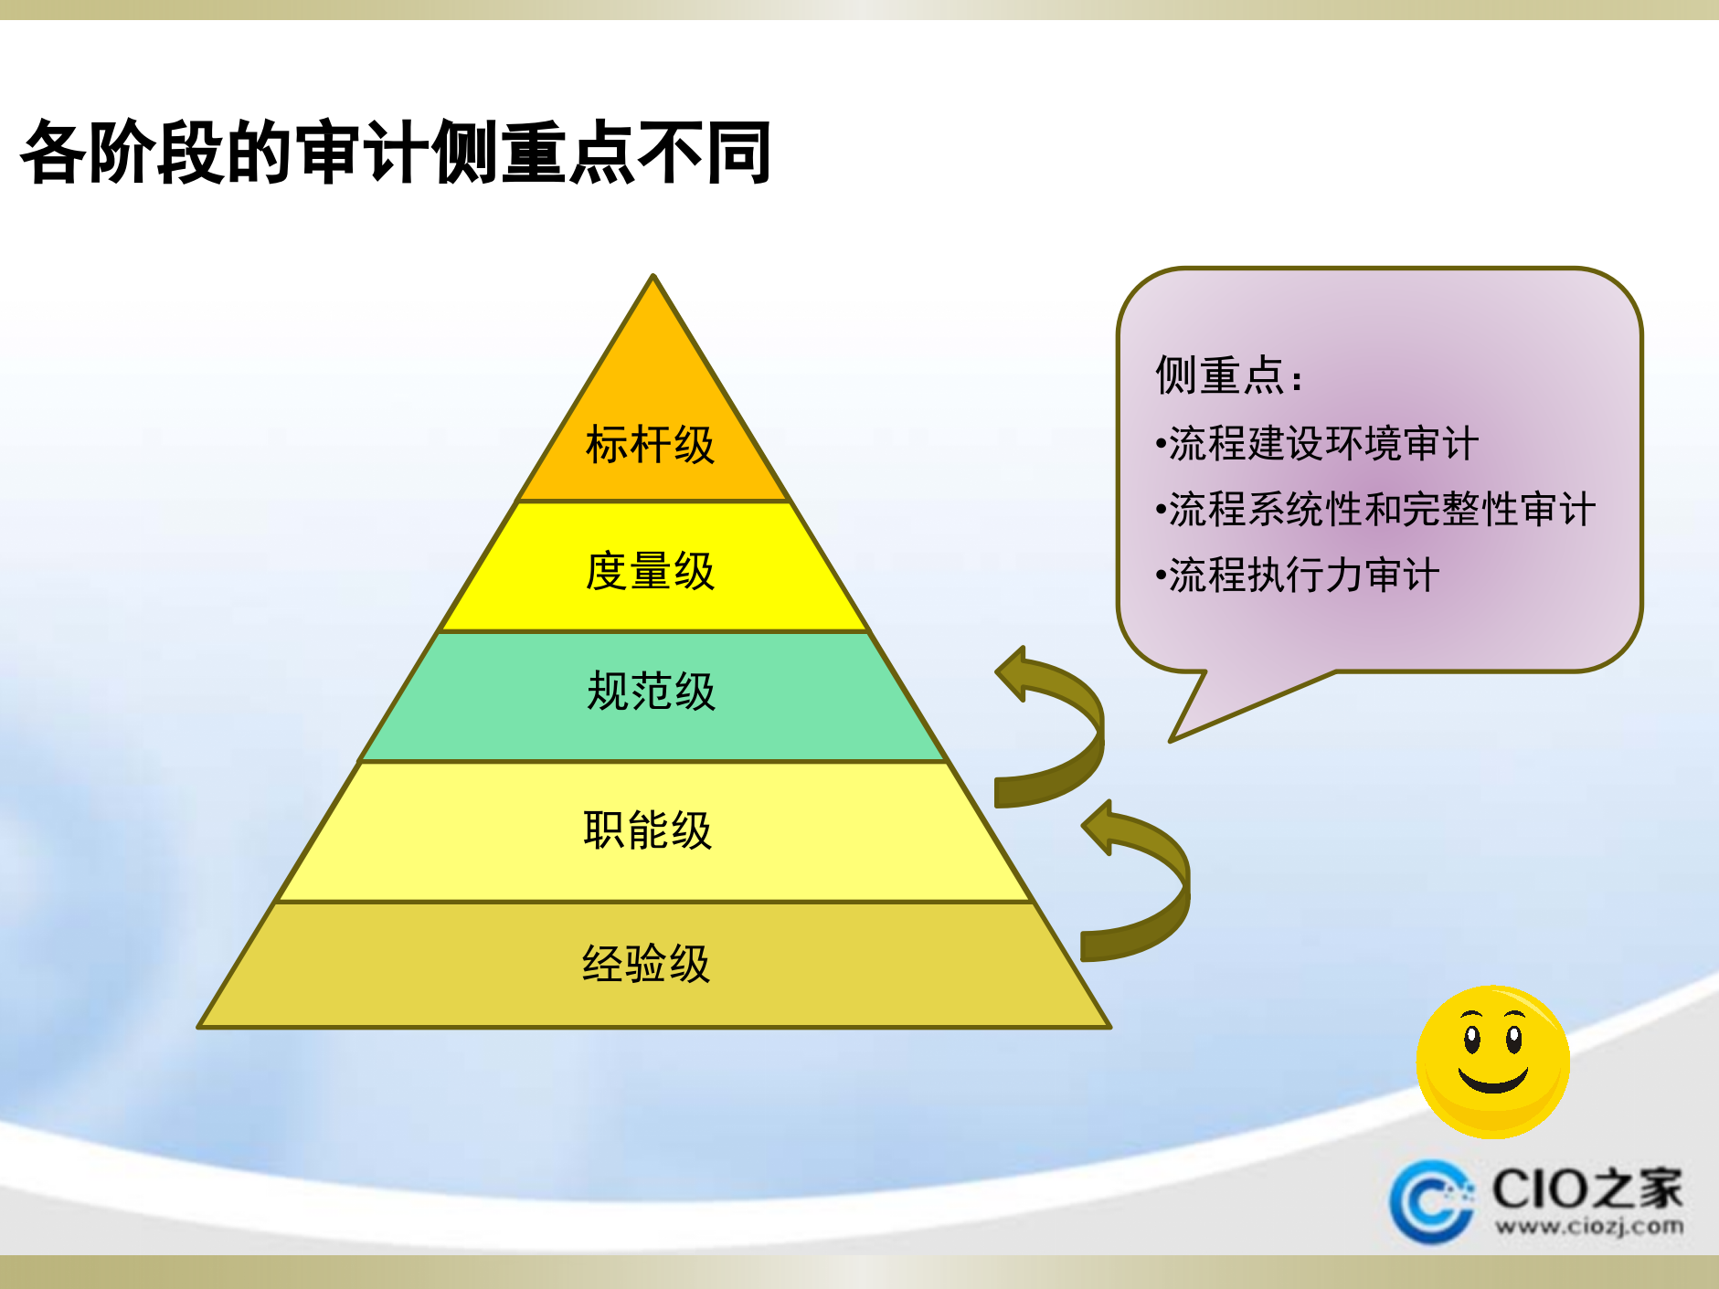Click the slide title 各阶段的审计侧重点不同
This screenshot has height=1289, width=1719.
[396, 152]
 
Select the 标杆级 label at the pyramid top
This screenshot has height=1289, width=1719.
[650, 445]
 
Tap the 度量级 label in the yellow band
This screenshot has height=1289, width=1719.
[650, 572]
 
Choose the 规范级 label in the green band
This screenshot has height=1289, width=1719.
[651, 692]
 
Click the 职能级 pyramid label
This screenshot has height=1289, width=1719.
[648, 830]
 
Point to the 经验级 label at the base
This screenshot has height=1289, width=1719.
[646, 964]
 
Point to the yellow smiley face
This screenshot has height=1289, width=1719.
[1492, 1062]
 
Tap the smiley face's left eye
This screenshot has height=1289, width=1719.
[1471, 1039]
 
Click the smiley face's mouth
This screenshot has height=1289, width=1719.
[1493, 1081]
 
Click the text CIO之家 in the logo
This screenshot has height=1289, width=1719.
[1586, 1189]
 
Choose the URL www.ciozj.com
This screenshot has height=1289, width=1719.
[1589, 1226]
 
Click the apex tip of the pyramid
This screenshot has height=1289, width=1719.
[653, 278]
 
